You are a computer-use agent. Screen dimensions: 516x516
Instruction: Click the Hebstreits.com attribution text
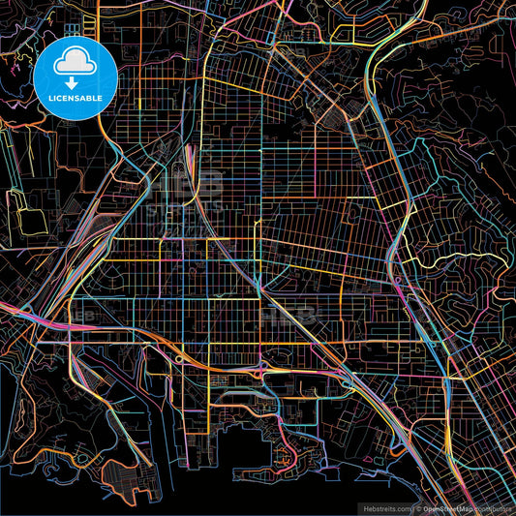[385, 506]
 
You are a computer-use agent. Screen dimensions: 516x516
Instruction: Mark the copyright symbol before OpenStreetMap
[419, 506]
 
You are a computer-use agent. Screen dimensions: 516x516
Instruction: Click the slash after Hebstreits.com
[411, 506]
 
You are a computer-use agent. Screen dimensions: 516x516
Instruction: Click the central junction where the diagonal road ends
[258, 287]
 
